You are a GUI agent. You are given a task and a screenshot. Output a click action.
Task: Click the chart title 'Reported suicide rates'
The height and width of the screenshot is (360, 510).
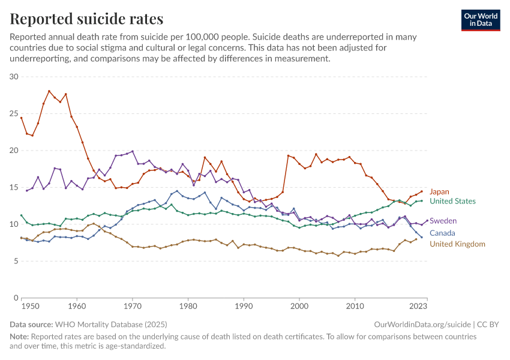click(86, 19)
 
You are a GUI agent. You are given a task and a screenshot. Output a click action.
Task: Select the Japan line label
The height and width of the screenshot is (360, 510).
click(439, 192)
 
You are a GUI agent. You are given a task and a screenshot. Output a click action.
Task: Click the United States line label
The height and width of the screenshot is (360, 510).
click(453, 202)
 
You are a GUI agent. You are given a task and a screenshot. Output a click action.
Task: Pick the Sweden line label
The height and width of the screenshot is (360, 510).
click(443, 221)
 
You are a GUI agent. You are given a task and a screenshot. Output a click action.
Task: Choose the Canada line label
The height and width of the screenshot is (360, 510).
click(442, 233)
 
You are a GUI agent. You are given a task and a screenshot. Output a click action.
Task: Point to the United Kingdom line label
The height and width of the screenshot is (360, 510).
click(457, 244)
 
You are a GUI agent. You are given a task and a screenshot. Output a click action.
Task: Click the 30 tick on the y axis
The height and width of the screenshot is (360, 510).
click(14, 77)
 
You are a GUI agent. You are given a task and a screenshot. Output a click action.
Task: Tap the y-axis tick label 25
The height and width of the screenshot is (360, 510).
click(14, 113)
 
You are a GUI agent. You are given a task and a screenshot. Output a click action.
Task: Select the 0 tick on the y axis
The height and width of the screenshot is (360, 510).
click(17, 298)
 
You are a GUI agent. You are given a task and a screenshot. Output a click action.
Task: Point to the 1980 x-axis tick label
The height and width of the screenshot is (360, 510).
click(188, 307)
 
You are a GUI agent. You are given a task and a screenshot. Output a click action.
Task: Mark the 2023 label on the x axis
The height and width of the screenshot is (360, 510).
click(419, 307)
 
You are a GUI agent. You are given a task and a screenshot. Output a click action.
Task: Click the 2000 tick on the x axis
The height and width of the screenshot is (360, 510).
click(299, 307)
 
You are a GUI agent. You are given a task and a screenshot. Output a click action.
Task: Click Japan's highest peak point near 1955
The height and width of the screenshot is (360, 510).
click(49, 91)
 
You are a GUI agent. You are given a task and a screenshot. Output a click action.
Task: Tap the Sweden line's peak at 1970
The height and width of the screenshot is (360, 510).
click(133, 151)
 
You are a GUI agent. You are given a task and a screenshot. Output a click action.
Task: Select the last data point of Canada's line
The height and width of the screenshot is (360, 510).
click(421, 238)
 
